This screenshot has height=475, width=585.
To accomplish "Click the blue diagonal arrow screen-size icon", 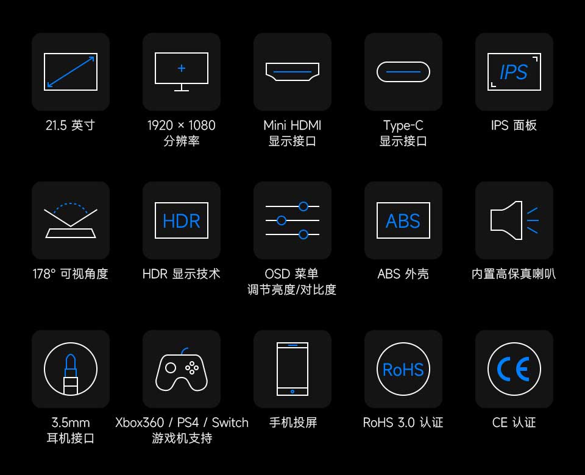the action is pyautogui.click(x=71, y=72).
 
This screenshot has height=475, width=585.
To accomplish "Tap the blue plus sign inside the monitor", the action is pyautogui.click(x=182, y=68).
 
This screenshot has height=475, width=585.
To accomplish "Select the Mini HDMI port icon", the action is pyautogui.click(x=292, y=72).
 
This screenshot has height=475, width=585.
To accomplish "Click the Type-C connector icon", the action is pyautogui.click(x=403, y=72).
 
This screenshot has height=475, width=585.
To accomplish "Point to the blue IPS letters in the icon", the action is pyautogui.click(x=514, y=72).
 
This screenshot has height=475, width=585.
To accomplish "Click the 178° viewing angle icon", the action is pyautogui.click(x=71, y=220).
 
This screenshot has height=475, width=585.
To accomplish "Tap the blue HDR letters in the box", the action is pyautogui.click(x=182, y=220).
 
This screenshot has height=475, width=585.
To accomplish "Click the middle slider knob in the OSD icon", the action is pyautogui.click(x=282, y=220).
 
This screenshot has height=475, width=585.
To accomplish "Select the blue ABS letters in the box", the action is pyautogui.click(x=403, y=220).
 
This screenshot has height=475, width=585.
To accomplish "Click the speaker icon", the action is pyautogui.click(x=514, y=220).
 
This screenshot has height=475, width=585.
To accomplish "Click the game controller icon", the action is pyautogui.click(x=182, y=370).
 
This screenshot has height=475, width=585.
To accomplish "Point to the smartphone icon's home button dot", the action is pyautogui.click(x=292, y=392).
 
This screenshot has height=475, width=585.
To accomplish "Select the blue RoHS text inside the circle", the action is pyautogui.click(x=403, y=370).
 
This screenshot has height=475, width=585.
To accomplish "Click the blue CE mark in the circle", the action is pyautogui.click(x=514, y=369).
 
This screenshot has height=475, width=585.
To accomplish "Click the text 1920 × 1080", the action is pyautogui.click(x=182, y=125).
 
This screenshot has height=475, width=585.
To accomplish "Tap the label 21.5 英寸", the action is pyautogui.click(x=71, y=125).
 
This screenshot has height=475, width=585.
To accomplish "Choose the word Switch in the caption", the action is pyautogui.click(x=230, y=423).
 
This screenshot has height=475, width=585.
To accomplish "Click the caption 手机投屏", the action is pyautogui.click(x=293, y=423).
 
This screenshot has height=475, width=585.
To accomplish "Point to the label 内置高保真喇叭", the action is pyautogui.click(x=514, y=273).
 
